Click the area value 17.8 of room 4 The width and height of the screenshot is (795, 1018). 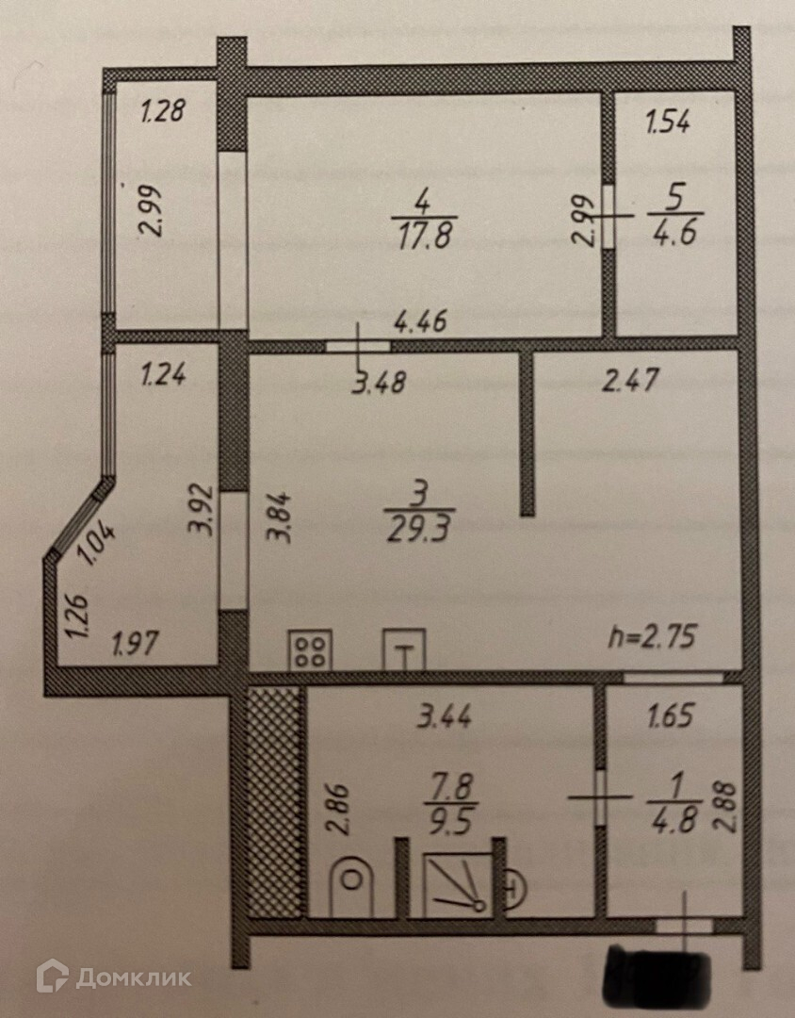(421, 234)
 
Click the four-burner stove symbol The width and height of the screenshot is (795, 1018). (310, 649)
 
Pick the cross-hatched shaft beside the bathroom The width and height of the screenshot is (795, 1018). (274, 801)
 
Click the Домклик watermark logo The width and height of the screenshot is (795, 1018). (113, 977)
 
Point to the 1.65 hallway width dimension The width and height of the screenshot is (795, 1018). (670, 715)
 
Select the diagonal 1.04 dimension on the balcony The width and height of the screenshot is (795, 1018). (97, 545)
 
